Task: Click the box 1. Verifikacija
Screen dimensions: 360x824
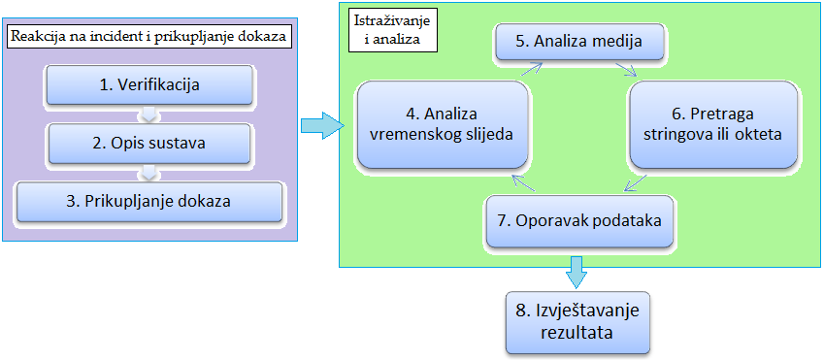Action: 149,85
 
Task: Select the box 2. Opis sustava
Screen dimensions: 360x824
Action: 149,144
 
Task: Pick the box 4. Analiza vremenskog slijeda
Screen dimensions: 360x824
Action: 444,124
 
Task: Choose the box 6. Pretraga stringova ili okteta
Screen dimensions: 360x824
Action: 714,124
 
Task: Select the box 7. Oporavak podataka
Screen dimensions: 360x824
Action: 578,220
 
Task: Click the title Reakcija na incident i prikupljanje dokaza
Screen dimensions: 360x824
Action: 149,37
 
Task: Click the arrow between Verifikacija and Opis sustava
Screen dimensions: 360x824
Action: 149,115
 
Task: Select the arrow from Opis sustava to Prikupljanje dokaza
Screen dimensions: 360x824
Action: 149,173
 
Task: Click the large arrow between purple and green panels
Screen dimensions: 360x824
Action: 321,125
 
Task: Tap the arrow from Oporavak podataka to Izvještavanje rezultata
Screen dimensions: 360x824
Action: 578,271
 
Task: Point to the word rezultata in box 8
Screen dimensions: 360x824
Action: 578,333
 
